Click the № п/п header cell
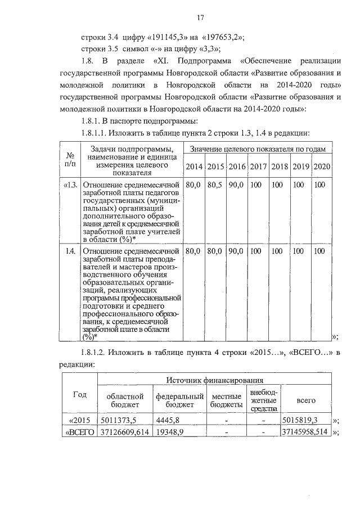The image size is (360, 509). [71, 158]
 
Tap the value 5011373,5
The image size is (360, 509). [118, 420]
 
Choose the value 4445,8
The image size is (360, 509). [169, 420]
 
